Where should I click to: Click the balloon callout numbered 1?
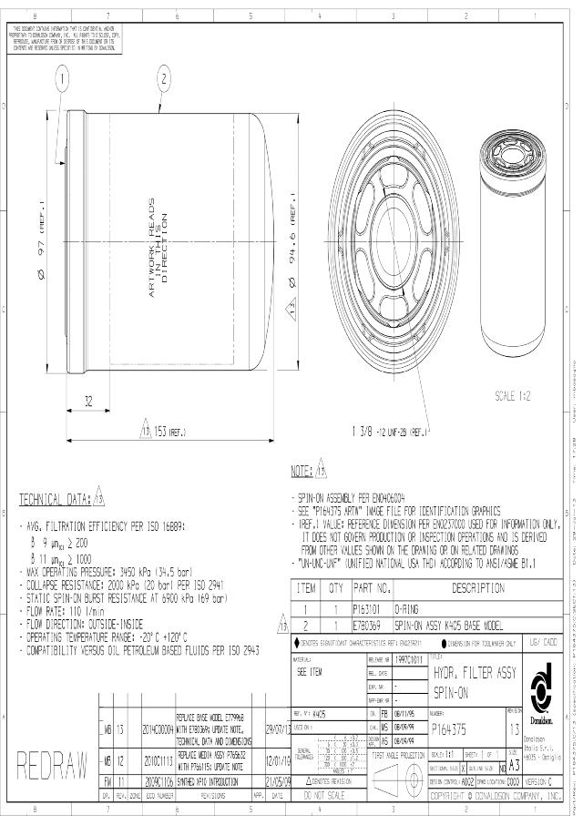click(x=62, y=80)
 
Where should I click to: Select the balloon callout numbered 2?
click(x=164, y=80)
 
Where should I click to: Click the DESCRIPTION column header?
click(x=476, y=614)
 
